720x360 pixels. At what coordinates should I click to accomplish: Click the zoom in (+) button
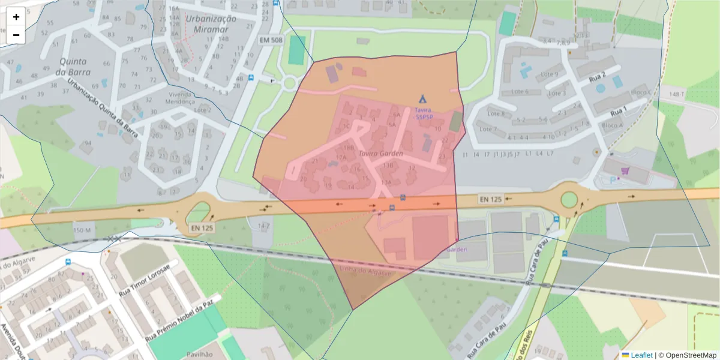(x=16, y=17)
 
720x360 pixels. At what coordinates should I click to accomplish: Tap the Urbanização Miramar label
(x=211, y=23)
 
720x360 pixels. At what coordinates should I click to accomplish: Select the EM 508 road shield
(x=271, y=40)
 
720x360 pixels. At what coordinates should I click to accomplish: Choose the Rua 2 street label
(x=597, y=77)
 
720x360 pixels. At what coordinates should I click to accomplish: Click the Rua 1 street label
(x=619, y=111)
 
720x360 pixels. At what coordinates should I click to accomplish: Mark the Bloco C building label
(x=641, y=92)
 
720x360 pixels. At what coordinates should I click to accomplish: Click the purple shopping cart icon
(x=625, y=171)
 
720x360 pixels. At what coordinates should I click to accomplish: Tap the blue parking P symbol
(x=613, y=179)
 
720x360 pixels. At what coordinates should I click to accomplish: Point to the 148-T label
(x=677, y=94)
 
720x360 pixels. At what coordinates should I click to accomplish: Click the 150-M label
(x=82, y=230)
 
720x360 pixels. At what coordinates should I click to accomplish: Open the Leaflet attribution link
(x=641, y=355)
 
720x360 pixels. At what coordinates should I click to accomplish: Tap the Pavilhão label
(x=200, y=355)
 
